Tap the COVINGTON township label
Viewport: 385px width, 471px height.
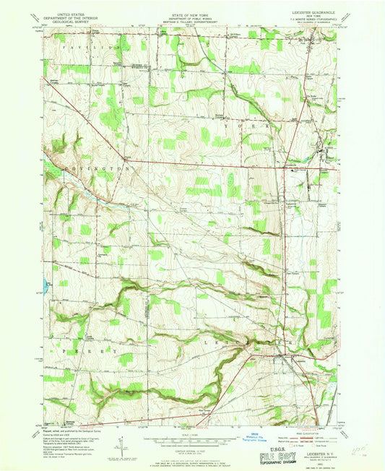[98, 168]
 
